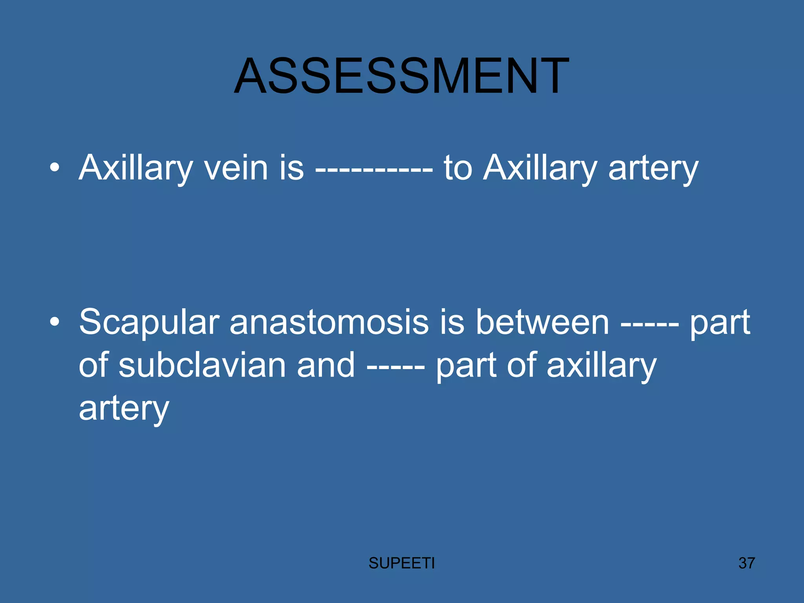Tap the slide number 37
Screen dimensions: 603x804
[746, 563]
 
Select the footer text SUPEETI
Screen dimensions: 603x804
[401, 563]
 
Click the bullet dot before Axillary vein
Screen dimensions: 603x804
[55, 168]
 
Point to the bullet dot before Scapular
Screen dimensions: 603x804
[55, 322]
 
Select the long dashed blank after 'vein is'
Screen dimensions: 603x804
[374, 170]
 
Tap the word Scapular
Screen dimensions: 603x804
[149, 322]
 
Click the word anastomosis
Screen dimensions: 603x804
[329, 322]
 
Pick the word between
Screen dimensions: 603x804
[543, 322]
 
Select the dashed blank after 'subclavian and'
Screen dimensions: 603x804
[396, 367]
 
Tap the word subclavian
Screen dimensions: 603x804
[202, 365]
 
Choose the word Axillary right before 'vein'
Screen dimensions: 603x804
[135, 168]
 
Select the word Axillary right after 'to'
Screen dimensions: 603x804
[540, 168]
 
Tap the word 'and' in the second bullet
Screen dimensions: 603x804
[326, 365]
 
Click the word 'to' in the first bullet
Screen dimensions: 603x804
[458, 168]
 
